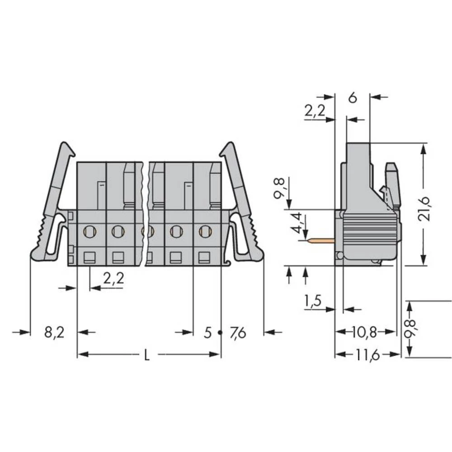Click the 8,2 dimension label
tap(54, 333)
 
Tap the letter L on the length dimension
tap(146, 355)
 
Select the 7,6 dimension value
tap(238, 333)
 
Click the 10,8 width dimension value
tap(364, 332)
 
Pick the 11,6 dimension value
tap(367, 355)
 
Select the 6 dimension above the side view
tap(353, 98)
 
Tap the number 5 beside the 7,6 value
tap(207, 333)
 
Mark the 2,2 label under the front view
tap(113, 279)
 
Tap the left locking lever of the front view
tap(52, 203)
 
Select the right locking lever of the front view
tap(244, 203)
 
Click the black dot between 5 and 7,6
tap(220, 333)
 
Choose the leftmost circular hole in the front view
tap(89, 232)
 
